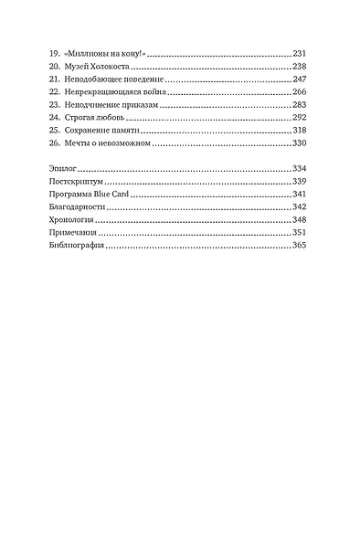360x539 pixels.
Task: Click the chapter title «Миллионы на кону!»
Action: (105, 55)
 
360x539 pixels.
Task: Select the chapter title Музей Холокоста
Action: (100, 68)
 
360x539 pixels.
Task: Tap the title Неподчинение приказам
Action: (111, 106)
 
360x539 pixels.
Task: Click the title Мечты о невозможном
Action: (108, 144)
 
